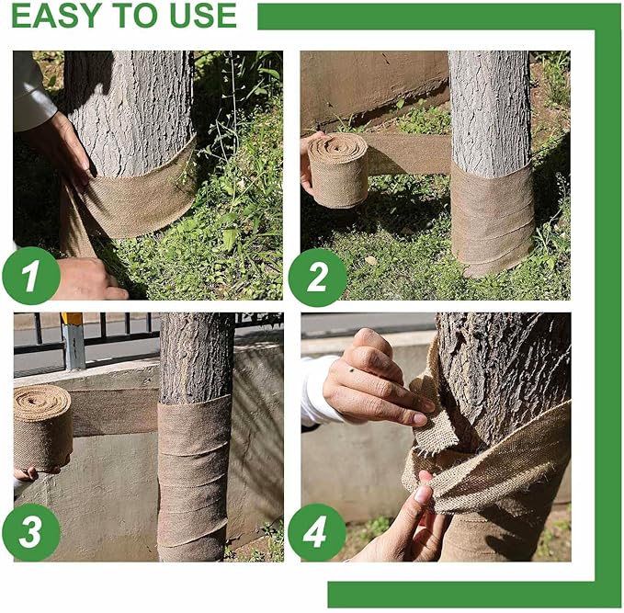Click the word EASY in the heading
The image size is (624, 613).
tap(53, 16)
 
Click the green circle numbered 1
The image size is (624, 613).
tap(30, 276)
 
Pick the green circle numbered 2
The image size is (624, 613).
tap(317, 276)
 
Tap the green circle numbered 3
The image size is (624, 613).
tap(30, 533)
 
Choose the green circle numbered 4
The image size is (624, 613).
tap(317, 533)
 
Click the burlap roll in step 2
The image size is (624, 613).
tap(337, 170)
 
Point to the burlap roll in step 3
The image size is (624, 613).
tap(42, 426)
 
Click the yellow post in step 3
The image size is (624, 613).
tap(73, 340)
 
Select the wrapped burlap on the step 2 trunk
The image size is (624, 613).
tap(492, 221)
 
